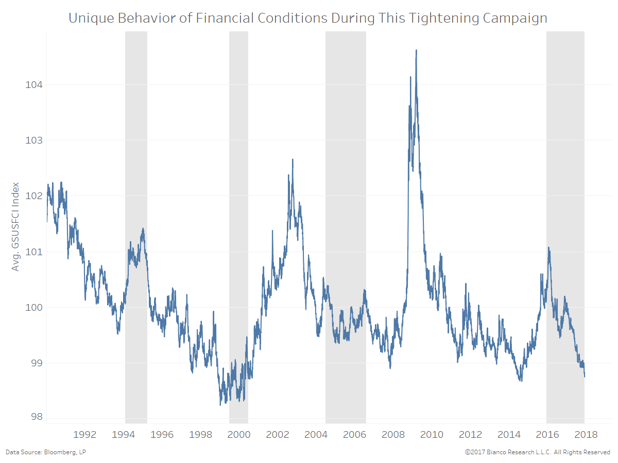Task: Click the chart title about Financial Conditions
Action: [x=307, y=19]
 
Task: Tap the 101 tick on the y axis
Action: [x=33, y=252]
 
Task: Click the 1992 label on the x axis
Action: [x=85, y=435]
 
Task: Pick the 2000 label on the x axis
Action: [x=239, y=435]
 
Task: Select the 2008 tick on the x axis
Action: [x=393, y=435]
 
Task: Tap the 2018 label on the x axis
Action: [x=586, y=435]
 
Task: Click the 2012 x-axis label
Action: [x=470, y=435]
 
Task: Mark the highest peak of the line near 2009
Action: [x=416, y=50]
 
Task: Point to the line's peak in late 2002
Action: [x=293, y=159]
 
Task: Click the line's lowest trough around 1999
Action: [x=220, y=404]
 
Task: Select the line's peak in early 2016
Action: [x=548, y=247]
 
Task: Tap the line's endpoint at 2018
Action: [x=585, y=376]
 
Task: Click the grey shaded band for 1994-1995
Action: [x=136, y=154]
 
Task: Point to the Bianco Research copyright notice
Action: [x=537, y=452]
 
